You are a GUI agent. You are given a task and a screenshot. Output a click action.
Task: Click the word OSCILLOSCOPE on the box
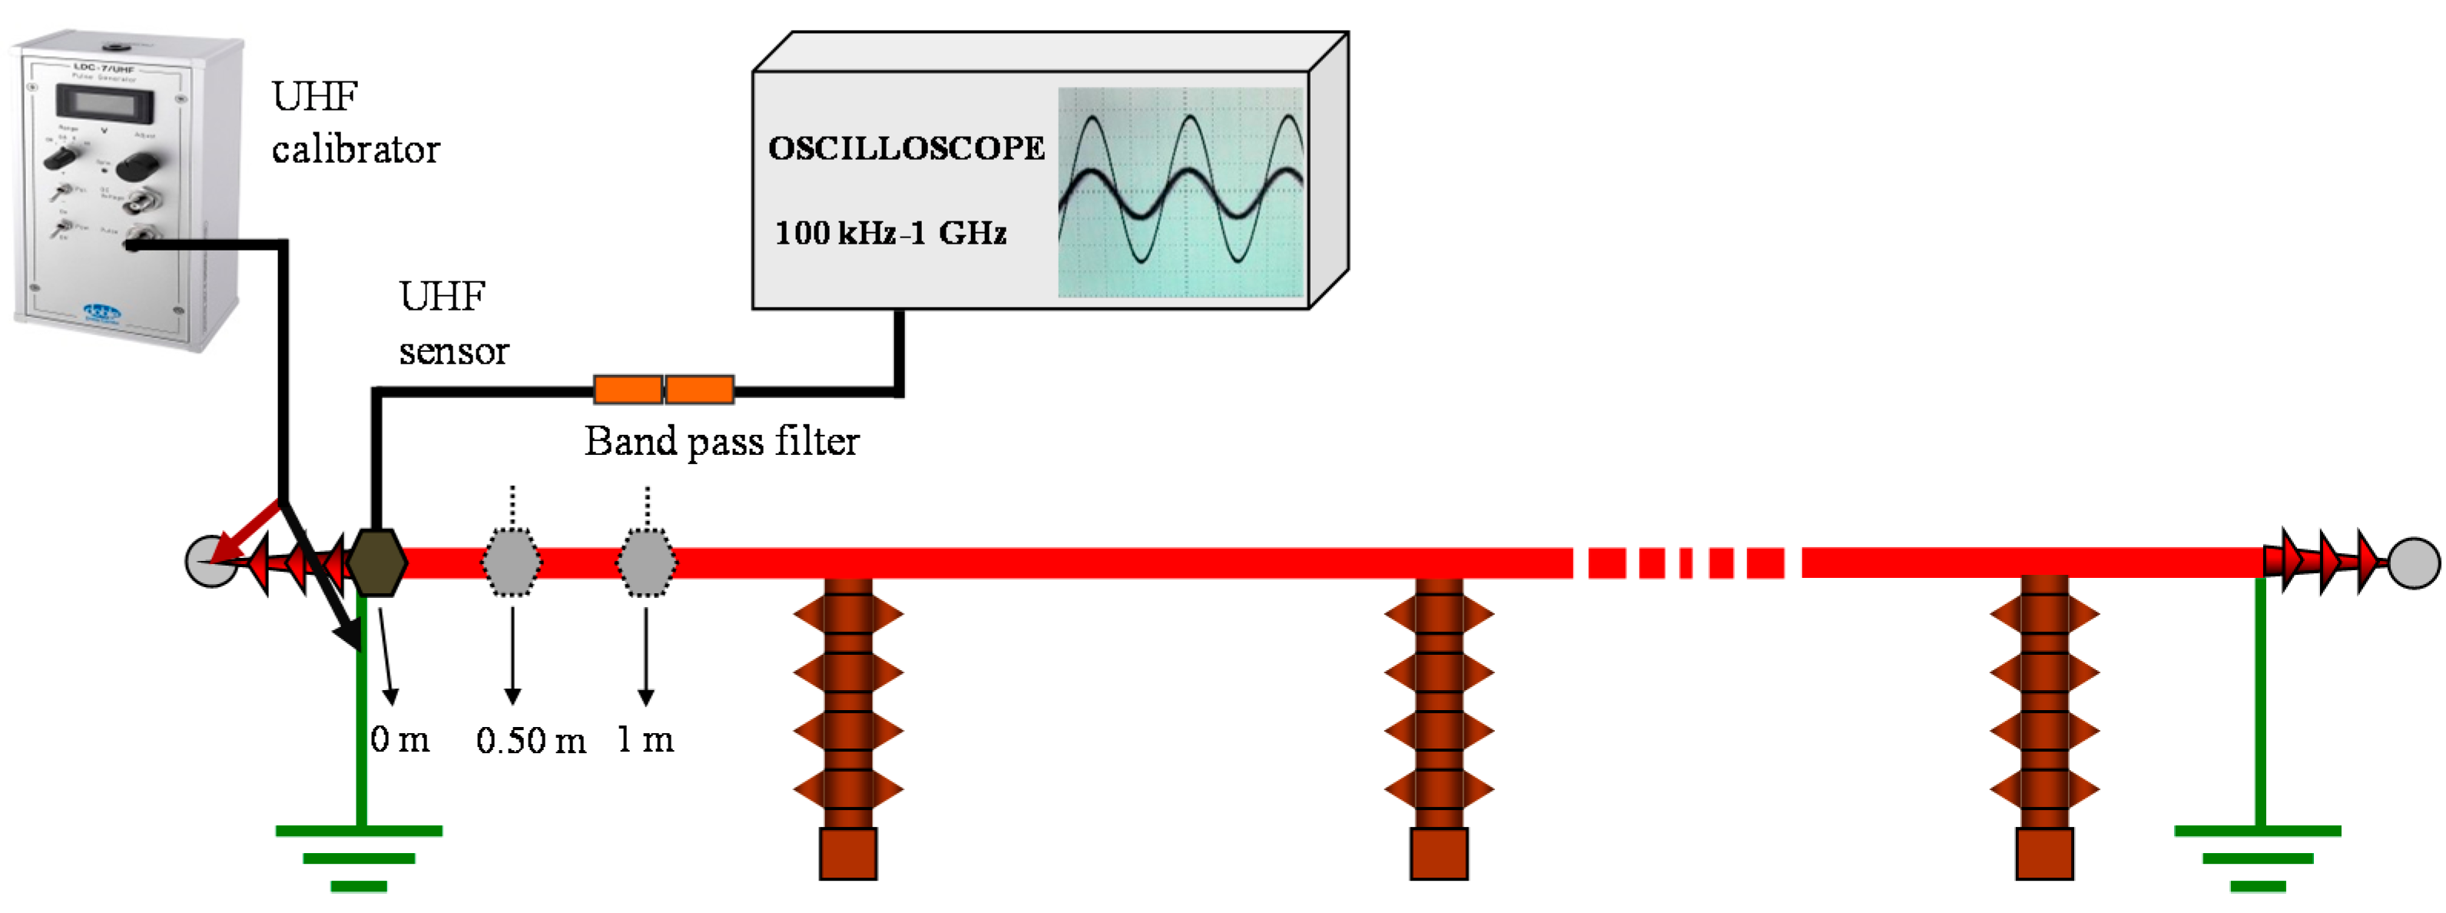click(x=905, y=148)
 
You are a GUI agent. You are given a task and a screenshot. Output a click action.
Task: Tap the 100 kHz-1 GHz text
click(x=890, y=233)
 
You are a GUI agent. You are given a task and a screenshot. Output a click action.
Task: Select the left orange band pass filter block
click(x=628, y=390)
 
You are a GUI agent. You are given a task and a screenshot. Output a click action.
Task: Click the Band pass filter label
click(x=721, y=442)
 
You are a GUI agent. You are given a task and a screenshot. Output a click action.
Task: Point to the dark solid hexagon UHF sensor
click(x=377, y=563)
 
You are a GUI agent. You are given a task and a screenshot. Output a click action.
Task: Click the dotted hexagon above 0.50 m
click(x=512, y=563)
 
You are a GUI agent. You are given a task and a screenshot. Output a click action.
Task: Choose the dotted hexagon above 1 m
click(x=647, y=563)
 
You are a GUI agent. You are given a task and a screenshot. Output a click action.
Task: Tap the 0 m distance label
click(x=399, y=739)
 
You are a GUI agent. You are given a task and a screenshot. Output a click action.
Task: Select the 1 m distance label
click(x=645, y=739)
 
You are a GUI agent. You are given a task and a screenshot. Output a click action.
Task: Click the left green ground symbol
click(x=359, y=857)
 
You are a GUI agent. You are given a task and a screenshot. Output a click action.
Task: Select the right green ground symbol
click(x=2257, y=857)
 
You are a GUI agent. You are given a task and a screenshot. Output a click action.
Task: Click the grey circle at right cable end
click(x=2413, y=563)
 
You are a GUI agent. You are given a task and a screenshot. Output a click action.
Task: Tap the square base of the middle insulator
click(x=1439, y=853)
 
